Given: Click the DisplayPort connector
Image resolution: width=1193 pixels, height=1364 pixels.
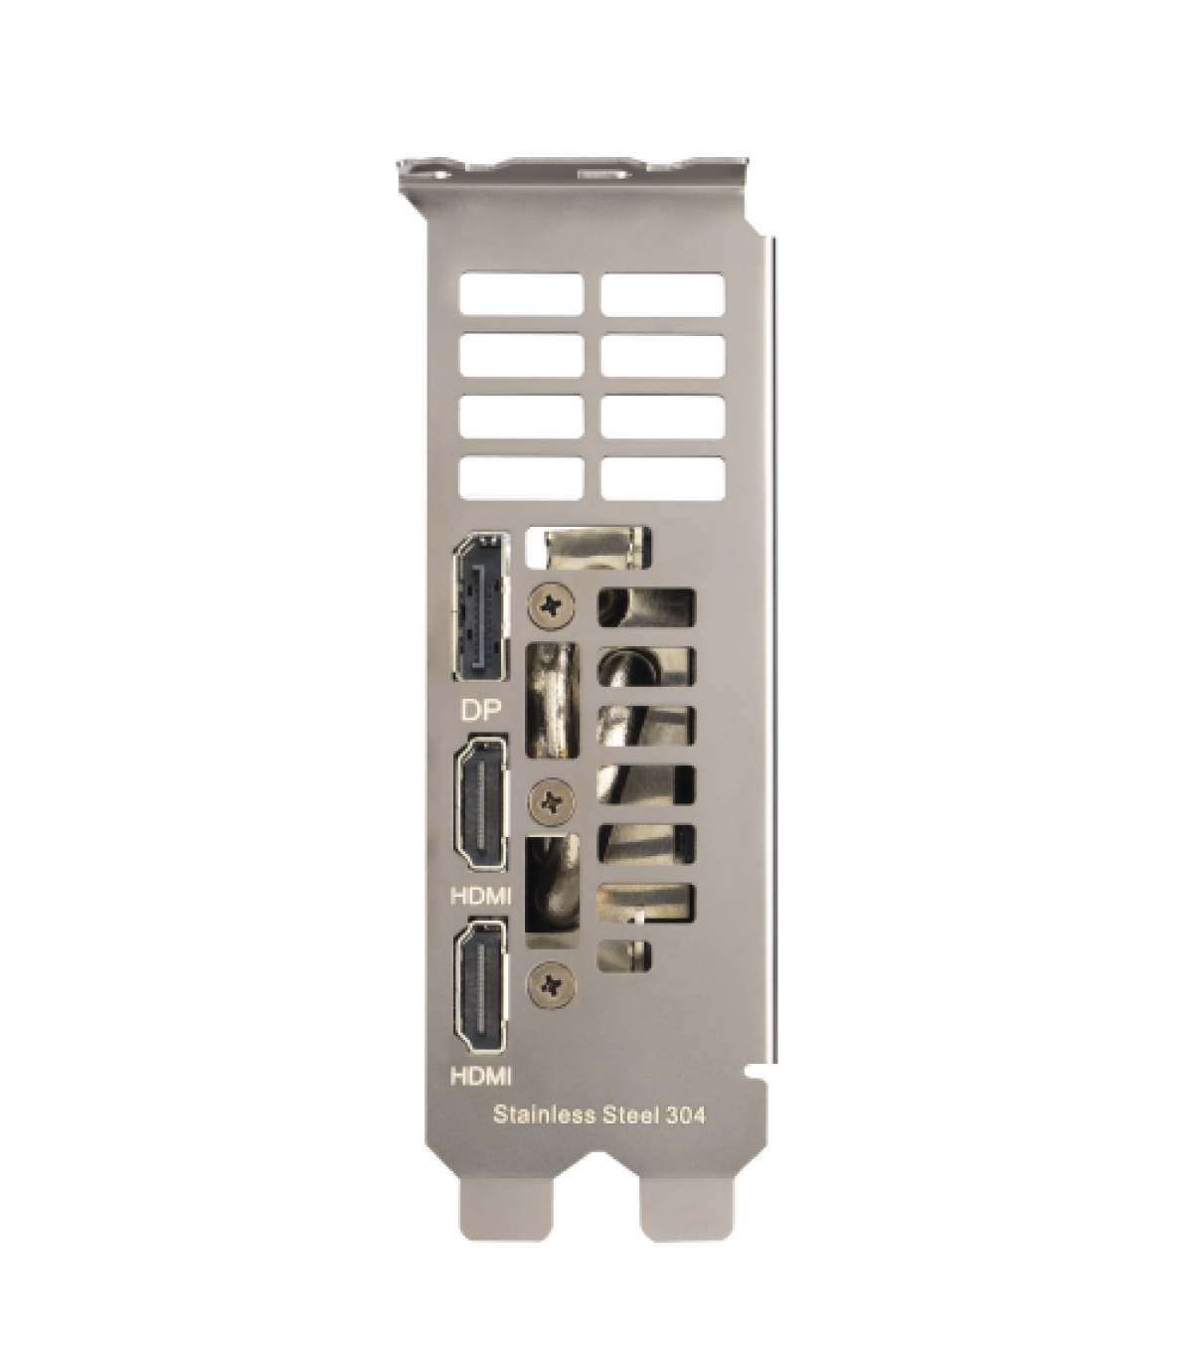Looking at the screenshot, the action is (x=481, y=606).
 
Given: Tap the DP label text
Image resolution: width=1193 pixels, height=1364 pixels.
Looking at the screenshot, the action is (x=480, y=712).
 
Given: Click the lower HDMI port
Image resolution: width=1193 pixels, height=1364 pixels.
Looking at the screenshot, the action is (x=480, y=987).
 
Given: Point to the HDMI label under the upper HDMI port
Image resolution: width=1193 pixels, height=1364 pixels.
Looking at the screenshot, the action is (x=481, y=896).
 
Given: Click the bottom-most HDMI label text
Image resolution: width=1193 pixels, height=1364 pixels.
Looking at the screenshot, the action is (x=481, y=1076).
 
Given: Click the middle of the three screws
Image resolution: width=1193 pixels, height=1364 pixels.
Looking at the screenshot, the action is (x=551, y=800).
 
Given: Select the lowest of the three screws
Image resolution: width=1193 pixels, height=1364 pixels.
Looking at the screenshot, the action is (x=551, y=984).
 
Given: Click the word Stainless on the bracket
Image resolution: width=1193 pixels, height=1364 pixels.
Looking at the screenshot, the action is (x=544, y=1115).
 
